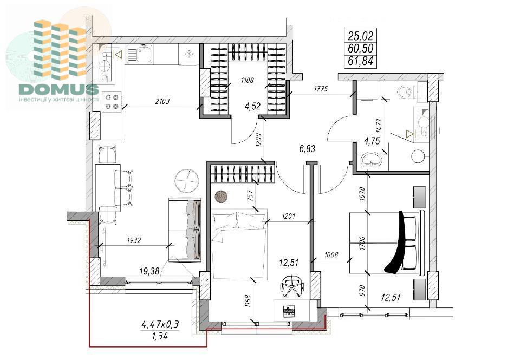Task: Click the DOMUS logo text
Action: pyautogui.click(x=58, y=89)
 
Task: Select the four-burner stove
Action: pyautogui.click(x=112, y=102)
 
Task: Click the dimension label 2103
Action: pyautogui.click(x=162, y=101)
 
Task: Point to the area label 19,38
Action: pyautogui.click(x=149, y=272)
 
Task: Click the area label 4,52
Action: pyautogui.click(x=253, y=106)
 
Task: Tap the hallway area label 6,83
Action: pyautogui.click(x=307, y=149)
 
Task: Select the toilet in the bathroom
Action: pyautogui.click(x=407, y=91)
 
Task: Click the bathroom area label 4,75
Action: pyautogui.click(x=372, y=141)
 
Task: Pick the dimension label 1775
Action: pyautogui.click(x=321, y=88)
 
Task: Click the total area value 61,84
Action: pyautogui.click(x=361, y=61)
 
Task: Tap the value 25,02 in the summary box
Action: pyautogui.click(x=361, y=35)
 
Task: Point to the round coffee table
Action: pyautogui.click(x=187, y=181)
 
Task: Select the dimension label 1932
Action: pyautogui.click(x=134, y=240)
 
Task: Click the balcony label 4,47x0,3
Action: pyautogui.click(x=160, y=324)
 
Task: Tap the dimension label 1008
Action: pyautogui.click(x=331, y=254)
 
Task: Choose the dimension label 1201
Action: pyautogui.click(x=289, y=216)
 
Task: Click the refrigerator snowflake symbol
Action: pyautogui.click(x=188, y=54)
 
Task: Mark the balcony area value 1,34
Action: pyautogui.click(x=160, y=337)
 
